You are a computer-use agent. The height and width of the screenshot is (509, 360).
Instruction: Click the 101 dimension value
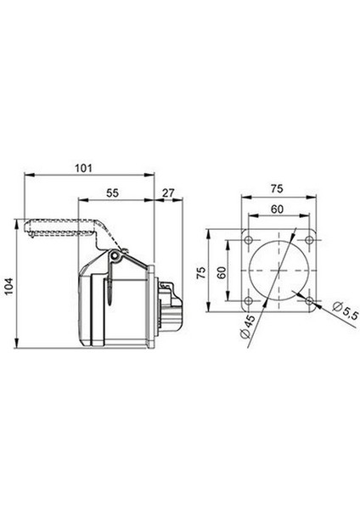[84, 169]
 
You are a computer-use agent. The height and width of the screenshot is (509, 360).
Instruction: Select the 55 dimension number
[113, 193]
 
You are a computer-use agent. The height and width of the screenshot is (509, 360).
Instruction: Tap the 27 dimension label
[168, 193]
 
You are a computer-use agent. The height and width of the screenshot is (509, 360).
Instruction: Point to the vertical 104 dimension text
[8, 287]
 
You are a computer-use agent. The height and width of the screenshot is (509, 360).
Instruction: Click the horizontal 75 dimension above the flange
[277, 188]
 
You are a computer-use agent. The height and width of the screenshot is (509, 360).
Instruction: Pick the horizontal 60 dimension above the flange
[277, 210]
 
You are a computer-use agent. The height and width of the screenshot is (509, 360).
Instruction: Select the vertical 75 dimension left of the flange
[201, 272]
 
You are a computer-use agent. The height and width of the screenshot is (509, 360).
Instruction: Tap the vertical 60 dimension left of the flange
[222, 272]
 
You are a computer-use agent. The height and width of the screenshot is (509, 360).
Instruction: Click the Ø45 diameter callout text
[248, 327]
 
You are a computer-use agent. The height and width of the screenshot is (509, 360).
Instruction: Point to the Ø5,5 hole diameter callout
[346, 310]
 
